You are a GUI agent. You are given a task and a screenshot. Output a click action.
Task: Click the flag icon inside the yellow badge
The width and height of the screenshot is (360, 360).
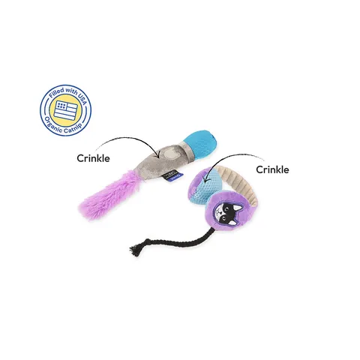pyautogui.click(x=66, y=110)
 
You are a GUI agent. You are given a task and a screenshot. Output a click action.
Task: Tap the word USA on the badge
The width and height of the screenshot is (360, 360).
pyautogui.click(x=80, y=97)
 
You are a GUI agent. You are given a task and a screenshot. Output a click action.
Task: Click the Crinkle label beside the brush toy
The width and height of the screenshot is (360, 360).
pyautogui.click(x=93, y=158)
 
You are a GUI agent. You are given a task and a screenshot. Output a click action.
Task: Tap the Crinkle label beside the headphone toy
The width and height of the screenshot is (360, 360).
pyautogui.click(x=272, y=169)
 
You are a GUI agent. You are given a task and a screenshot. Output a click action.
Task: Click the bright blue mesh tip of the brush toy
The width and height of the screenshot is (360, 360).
pyautogui.click(x=201, y=144)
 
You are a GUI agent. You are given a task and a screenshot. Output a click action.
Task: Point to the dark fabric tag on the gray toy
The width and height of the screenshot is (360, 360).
pyautogui.click(x=172, y=175)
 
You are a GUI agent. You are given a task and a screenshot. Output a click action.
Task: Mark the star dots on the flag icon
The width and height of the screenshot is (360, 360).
pyautogui.click(x=61, y=106)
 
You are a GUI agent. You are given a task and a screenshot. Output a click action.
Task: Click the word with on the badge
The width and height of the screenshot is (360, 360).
pyautogui.click(x=70, y=91)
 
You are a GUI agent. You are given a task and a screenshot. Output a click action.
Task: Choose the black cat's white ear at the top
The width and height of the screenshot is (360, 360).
pyautogui.click(x=238, y=208)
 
